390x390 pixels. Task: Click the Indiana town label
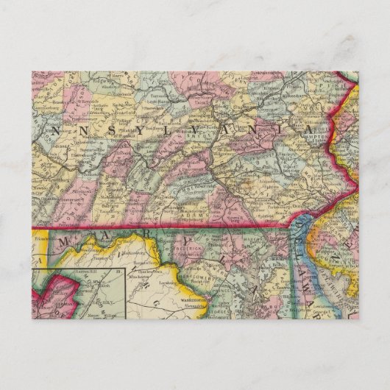[77, 137]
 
